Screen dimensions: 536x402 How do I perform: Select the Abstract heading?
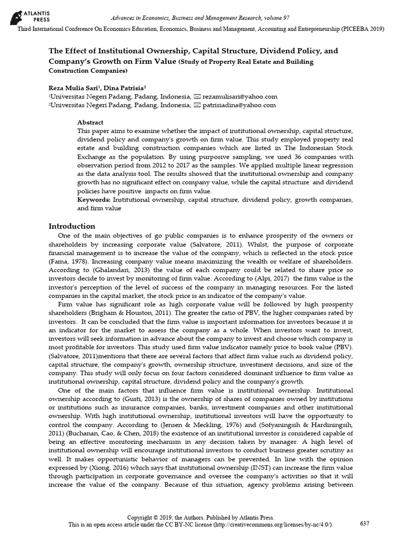90,121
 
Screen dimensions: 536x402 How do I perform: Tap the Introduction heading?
72,226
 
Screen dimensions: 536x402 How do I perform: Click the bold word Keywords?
93,200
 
